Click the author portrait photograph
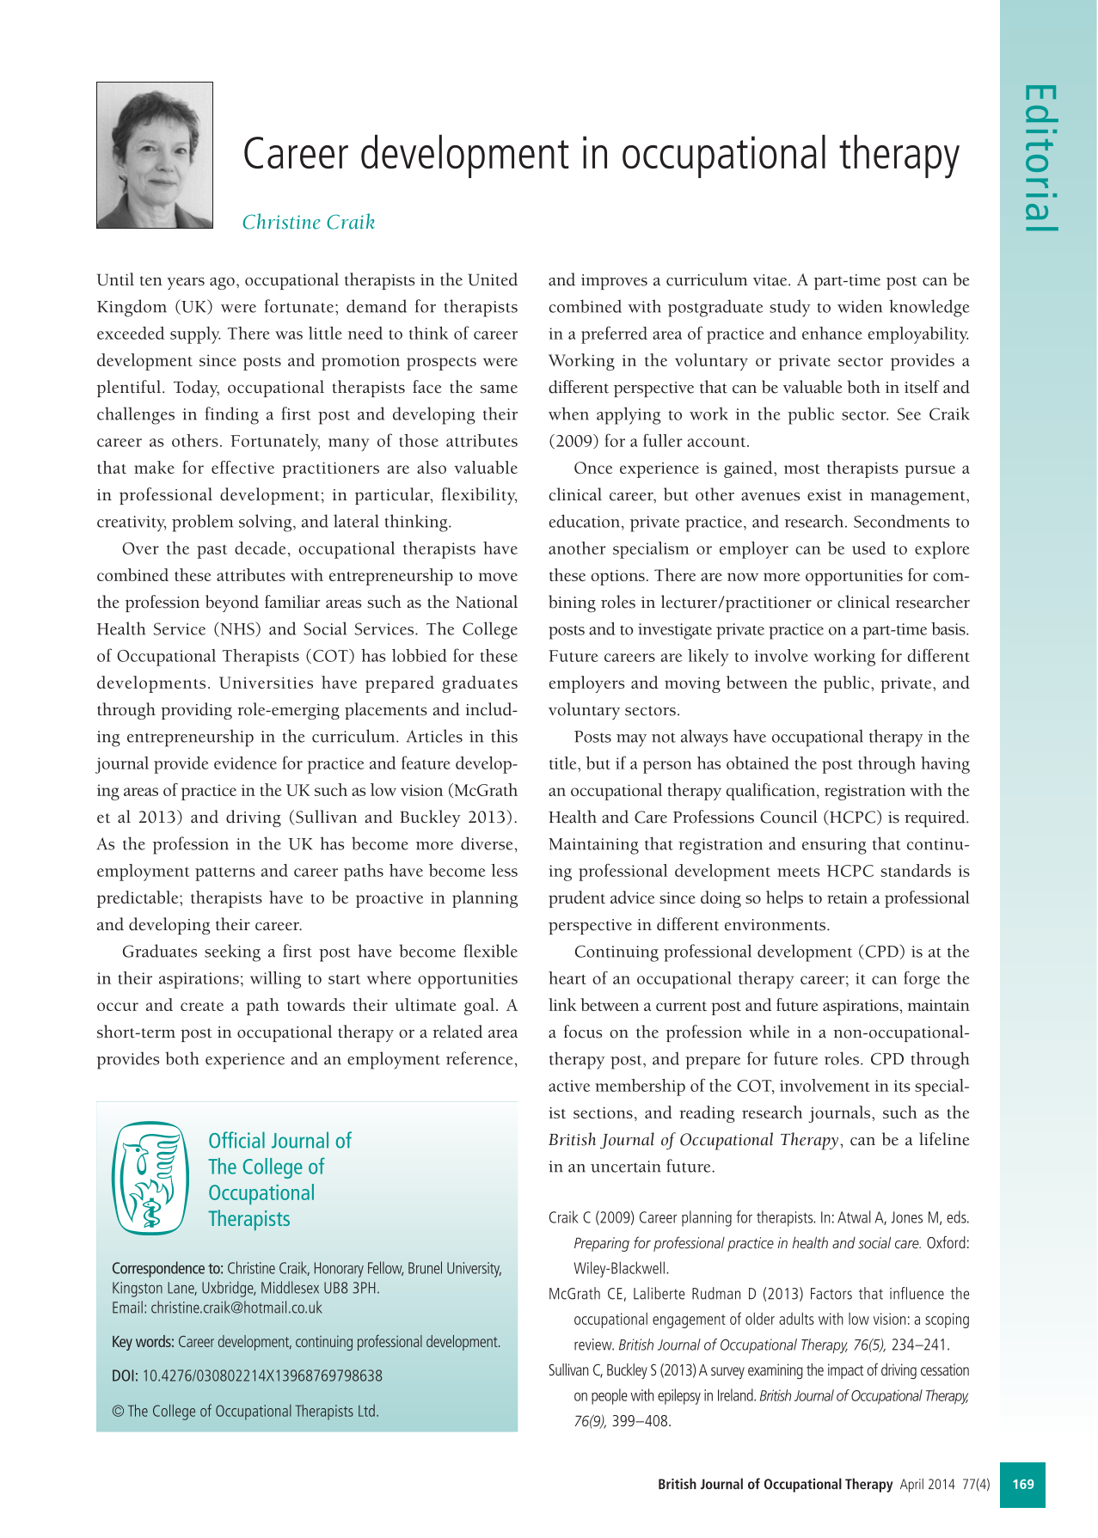click(x=155, y=156)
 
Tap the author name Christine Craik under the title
click(x=309, y=222)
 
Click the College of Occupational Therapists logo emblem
click(x=150, y=1178)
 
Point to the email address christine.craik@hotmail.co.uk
click(x=236, y=1308)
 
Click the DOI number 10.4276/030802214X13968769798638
click(x=262, y=1376)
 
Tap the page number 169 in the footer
click(x=1023, y=1484)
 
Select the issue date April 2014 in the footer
click(x=928, y=1485)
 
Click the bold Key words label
click(x=143, y=1342)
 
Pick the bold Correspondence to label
click(x=168, y=1268)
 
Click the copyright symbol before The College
click(x=118, y=1411)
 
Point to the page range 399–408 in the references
click(x=641, y=1421)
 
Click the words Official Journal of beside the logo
click(x=279, y=1141)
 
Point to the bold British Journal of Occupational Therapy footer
click(x=775, y=1485)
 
